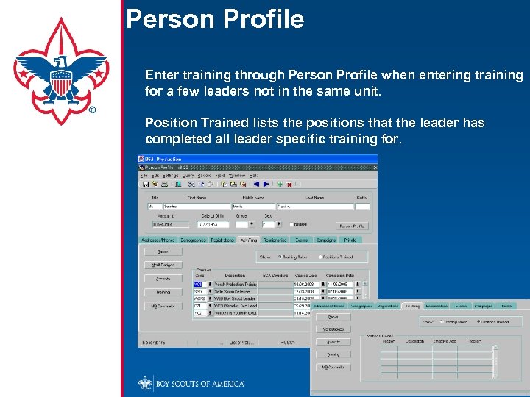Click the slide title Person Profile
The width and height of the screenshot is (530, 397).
[215, 18]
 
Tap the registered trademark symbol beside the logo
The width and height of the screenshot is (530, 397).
[92, 111]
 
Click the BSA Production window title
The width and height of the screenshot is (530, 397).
[163, 158]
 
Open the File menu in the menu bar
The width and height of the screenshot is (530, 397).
[144, 176]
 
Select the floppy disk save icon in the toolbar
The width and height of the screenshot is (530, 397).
[146, 185]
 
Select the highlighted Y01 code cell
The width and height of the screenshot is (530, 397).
[198, 284]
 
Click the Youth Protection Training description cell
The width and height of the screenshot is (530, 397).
[236, 284]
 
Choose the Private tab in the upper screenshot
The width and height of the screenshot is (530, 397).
[350, 240]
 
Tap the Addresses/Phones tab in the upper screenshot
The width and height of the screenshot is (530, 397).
[158, 240]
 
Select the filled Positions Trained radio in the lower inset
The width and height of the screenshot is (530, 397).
[478, 321]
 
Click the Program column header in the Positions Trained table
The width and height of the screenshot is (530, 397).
[474, 340]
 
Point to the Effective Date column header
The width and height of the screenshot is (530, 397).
[443, 340]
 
